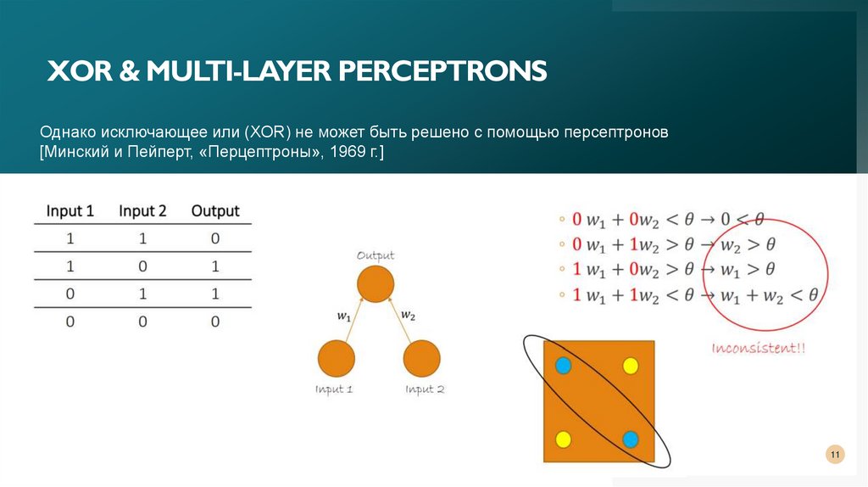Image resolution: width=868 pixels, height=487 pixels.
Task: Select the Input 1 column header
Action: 70,211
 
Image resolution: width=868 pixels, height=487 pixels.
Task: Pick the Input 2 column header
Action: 142,211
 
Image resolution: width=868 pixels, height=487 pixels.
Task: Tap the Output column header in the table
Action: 215,211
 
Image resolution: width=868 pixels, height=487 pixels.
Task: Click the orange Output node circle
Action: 375,283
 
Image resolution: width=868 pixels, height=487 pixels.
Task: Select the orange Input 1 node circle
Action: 336,358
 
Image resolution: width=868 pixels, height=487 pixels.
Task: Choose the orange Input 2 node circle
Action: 421,358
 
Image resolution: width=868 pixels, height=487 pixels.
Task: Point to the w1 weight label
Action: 343,316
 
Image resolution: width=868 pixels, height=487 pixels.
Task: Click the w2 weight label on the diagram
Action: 408,316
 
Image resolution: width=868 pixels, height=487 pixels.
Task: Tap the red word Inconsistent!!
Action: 759,348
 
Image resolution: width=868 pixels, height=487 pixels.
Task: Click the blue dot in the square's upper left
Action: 563,366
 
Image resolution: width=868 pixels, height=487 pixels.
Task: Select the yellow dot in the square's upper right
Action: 631,366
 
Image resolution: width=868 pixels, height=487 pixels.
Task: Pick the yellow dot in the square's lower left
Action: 562,439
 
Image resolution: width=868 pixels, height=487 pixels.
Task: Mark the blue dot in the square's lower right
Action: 630,439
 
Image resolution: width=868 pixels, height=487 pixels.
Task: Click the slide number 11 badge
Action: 834,456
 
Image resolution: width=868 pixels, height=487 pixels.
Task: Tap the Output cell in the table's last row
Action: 215,322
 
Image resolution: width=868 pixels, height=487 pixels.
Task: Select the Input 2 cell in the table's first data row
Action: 142,239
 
